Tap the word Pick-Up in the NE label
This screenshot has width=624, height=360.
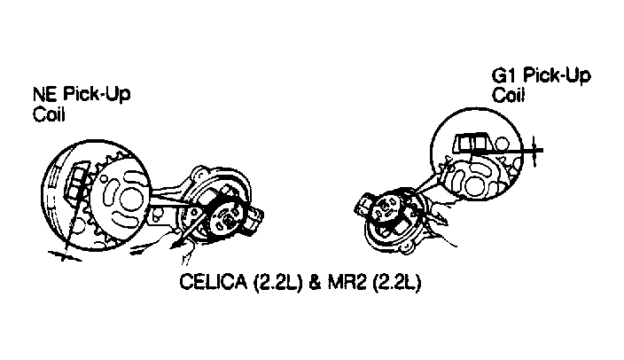tap(97, 96)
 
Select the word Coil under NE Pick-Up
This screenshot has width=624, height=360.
tap(49, 114)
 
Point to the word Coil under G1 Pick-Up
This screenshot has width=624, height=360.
tap(508, 96)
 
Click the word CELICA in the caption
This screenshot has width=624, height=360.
tap(214, 282)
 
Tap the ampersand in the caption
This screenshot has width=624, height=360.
tap(315, 282)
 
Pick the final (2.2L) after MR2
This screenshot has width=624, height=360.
tap(397, 282)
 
